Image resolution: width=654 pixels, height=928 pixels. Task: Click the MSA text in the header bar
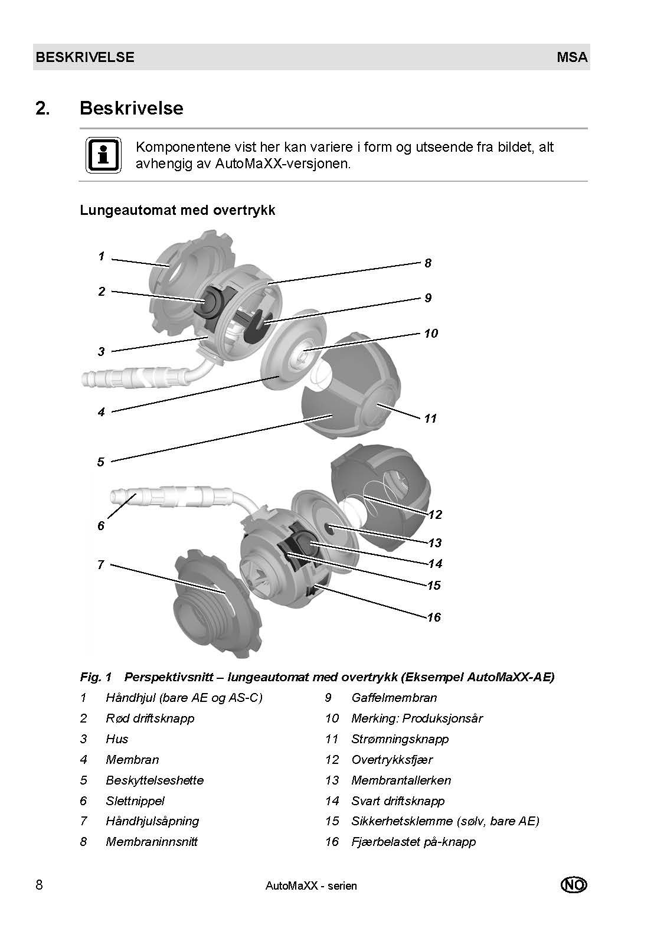[571, 57]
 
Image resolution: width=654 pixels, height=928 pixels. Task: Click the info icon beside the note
[104, 156]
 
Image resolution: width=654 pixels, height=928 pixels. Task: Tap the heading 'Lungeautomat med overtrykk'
[178, 210]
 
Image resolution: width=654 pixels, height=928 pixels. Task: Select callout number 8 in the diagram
[428, 263]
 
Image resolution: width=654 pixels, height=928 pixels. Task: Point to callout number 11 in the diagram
[430, 419]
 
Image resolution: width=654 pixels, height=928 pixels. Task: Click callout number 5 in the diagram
[101, 462]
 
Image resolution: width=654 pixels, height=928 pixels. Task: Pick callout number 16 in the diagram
[434, 617]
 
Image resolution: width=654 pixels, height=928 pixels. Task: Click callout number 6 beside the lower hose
[101, 525]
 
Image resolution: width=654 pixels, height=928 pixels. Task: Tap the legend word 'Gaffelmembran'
[394, 698]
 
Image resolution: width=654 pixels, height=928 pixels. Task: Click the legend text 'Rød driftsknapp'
[150, 718]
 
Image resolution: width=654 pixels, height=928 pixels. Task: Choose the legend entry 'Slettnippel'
[135, 801]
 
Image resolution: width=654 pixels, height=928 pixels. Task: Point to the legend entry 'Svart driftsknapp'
[398, 801]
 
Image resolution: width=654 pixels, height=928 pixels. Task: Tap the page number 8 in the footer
[39, 885]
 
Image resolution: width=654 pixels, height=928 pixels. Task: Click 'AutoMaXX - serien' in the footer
[311, 885]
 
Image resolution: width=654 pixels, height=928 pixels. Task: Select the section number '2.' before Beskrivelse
[43, 109]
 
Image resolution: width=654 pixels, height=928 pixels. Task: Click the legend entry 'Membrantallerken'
[401, 780]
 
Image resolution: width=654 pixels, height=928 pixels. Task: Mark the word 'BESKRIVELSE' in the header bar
[85, 57]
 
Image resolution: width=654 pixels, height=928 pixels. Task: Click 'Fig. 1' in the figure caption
[96, 677]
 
